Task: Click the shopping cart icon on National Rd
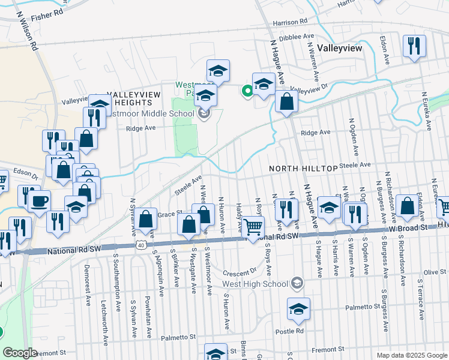(253, 227)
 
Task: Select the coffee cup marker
(40, 201)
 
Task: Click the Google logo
(19, 352)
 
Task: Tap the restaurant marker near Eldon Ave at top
(414, 46)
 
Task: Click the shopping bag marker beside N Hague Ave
(287, 103)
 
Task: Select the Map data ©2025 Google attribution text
(411, 355)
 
